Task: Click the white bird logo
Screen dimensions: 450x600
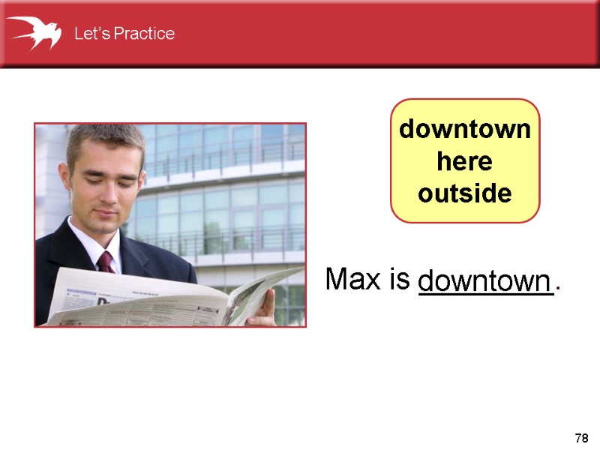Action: click(34, 32)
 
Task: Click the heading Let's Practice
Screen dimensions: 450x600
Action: click(124, 34)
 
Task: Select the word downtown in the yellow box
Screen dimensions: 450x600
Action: click(464, 130)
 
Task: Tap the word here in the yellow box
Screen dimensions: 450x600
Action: click(464, 162)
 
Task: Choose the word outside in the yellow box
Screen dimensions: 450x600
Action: click(464, 194)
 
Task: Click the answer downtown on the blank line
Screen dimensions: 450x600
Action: click(484, 282)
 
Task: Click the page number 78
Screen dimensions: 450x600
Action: click(580, 437)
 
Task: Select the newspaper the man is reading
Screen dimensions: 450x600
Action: click(150, 296)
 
